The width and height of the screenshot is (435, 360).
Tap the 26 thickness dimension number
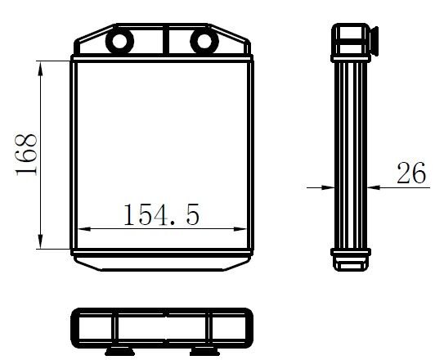[x=411, y=173]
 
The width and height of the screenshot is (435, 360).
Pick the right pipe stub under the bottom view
[x=202, y=350]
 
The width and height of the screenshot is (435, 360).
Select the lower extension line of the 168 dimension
[x=56, y=249]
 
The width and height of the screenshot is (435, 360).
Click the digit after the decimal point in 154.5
[x=191, y=216]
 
